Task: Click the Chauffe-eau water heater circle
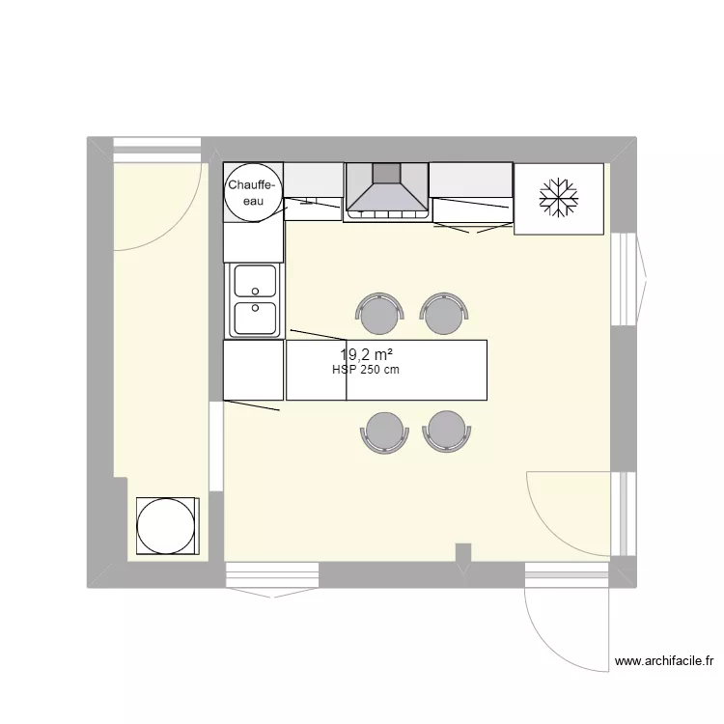click(253, 192)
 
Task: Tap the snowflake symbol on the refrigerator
click(559, 197)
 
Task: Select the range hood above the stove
click(387, 189)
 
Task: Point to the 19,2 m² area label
click(366, 354)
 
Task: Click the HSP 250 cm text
click(366, 370)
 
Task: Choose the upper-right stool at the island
click(444, 313)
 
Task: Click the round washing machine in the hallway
click(167, 526)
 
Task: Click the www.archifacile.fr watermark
click(664, 661)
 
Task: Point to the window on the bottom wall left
click(272, 576)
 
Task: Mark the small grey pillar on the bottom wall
click(463, 553)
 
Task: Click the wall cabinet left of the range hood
click(313, 180)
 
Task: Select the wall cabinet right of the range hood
click(470, 179)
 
